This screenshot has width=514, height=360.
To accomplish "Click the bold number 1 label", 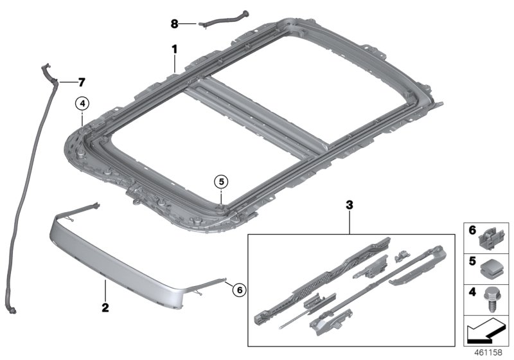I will (x=173, y=49).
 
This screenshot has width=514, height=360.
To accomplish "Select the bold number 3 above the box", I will (x=350, y=206).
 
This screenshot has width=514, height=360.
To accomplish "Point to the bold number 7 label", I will (x=81, y=82).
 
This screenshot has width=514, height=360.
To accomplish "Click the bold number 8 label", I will (x=174, y=24).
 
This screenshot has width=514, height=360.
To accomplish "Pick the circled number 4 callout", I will (x=82, y=102).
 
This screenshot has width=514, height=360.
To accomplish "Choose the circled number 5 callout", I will (x=220, y=182).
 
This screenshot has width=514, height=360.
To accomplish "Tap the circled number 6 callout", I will (x=238, y=290).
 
